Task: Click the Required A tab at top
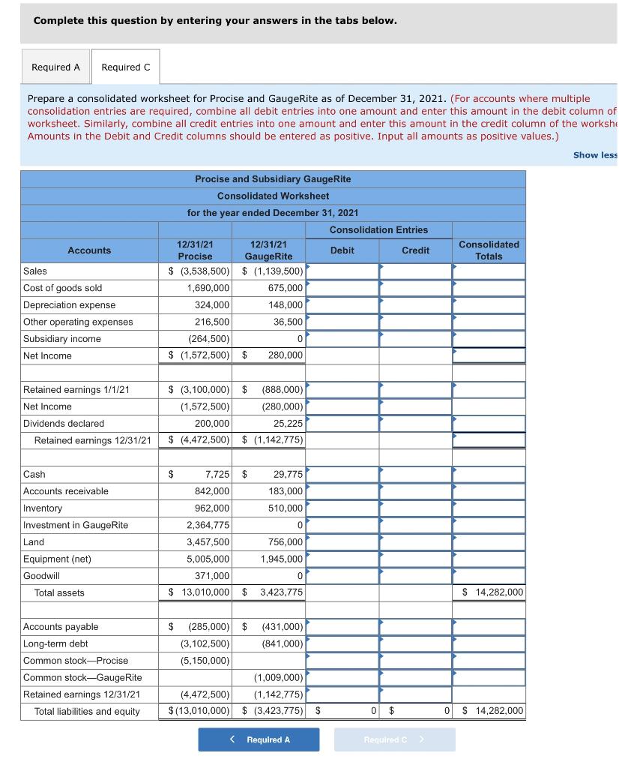pos(55,67)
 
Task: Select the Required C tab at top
pos(125,67)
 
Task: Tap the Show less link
pos(595,155)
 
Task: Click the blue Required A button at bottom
pos(259,739)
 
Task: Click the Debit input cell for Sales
pos(342,271)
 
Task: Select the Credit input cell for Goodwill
pos(415,576)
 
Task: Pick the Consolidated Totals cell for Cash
pos(489,475)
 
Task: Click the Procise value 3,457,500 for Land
pos(208,542)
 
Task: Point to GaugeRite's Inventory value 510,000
pos(286,508)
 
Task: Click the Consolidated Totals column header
pos(489,250)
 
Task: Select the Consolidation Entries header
pos(378,230)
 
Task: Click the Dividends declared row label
pos(64,424)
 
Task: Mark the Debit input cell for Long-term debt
pos(342,643)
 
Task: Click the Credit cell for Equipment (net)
pos(415,559)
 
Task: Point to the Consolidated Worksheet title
pos(273,196)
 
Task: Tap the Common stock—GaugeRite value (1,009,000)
pos(279,678)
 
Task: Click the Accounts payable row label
pos(61,627)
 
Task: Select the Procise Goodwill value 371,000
pos(212,576)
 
